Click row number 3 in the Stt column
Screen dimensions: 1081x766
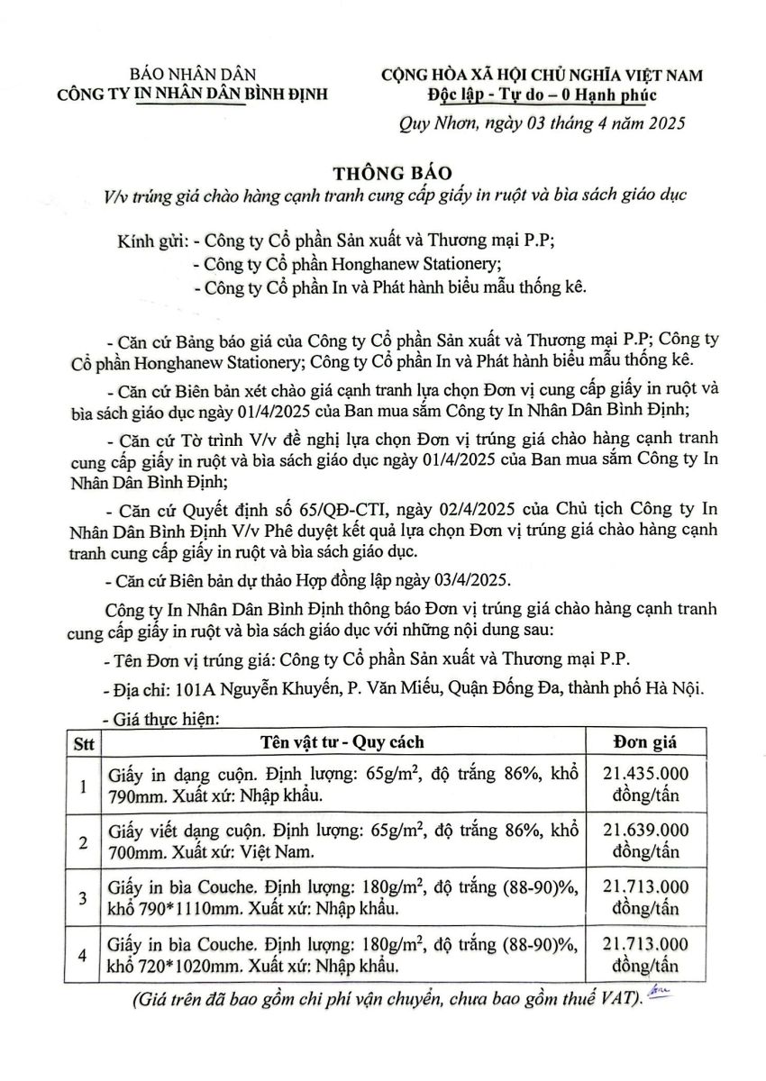click(x=83, y=898)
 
